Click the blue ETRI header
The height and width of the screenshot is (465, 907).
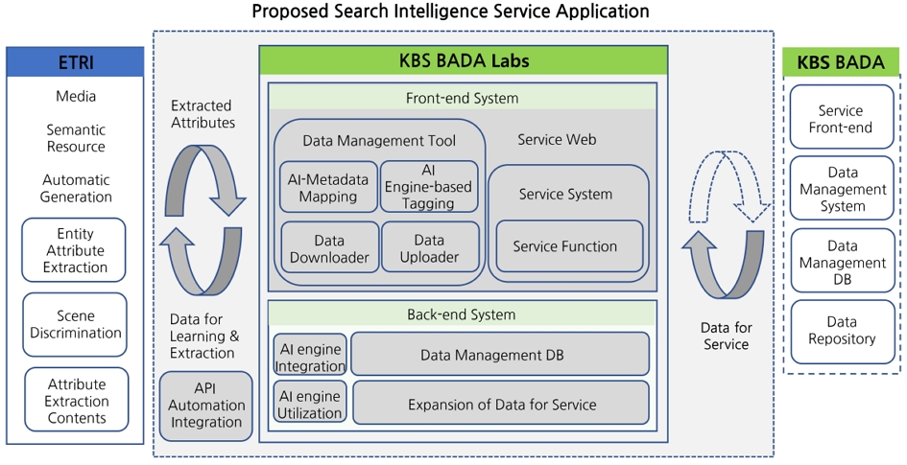point(76,63)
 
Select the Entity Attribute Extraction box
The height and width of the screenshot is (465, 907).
point(75,250)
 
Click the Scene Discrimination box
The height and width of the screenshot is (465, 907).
point(76,324)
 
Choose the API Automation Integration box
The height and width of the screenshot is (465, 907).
point(205,406)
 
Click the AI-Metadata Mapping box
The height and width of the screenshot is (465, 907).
point(327,187)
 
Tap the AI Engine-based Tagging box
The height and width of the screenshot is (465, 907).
point(428,187)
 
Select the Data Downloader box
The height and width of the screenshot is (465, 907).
point(328,248)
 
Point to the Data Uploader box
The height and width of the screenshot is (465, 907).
point(429,248)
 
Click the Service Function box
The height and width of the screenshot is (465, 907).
point(564,246)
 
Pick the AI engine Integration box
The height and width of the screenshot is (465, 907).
point(309,355)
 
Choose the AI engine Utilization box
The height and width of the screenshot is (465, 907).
point(309,403)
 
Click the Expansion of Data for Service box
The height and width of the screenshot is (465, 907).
point(501,404)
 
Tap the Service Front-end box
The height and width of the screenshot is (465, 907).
point(841,118)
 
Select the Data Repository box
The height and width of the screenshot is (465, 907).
point(841,331)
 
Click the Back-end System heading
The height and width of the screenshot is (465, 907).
point(461,314)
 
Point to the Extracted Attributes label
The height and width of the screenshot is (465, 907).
point(203,114)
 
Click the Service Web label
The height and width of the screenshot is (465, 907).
point(557,140)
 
